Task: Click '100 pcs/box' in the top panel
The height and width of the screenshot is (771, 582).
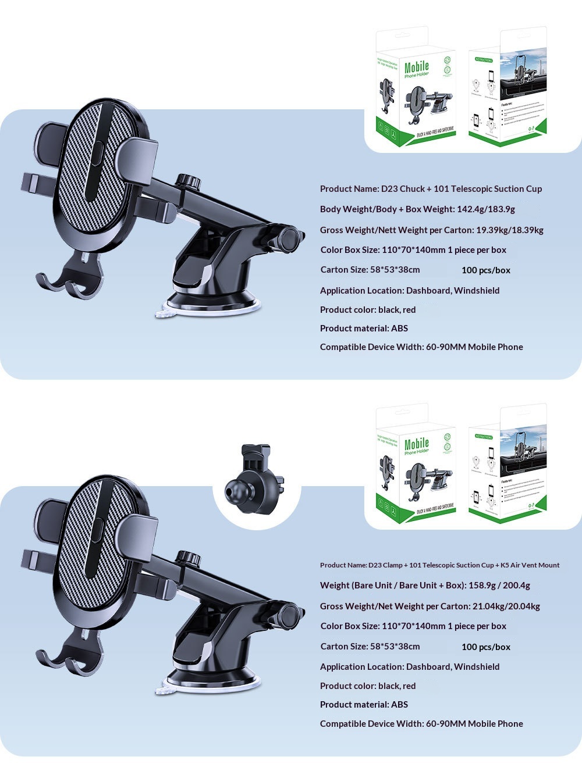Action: coord(486,270)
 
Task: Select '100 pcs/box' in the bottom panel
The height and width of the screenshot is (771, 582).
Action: coord(486,647)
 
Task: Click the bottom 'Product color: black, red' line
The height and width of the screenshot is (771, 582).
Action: coord(368,686)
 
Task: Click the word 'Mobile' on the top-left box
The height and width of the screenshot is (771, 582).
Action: coord(417,67)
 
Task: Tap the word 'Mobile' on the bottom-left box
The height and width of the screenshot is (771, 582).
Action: coord(417,444)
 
